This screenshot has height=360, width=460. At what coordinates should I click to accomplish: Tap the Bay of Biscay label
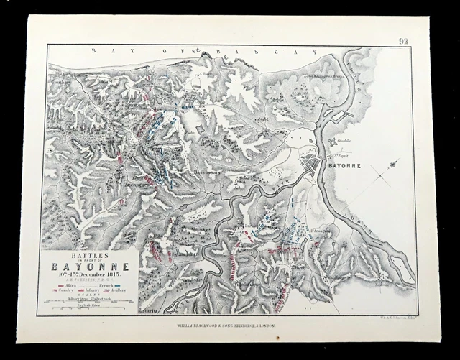point(202,52)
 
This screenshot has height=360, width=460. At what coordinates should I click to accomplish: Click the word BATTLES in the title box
point(90,254)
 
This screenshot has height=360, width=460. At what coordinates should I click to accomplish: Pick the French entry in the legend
point(106,285)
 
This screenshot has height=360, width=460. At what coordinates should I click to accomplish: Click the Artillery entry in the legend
point(116,292)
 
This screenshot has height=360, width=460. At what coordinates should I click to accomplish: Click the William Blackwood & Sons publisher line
point(230,326)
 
